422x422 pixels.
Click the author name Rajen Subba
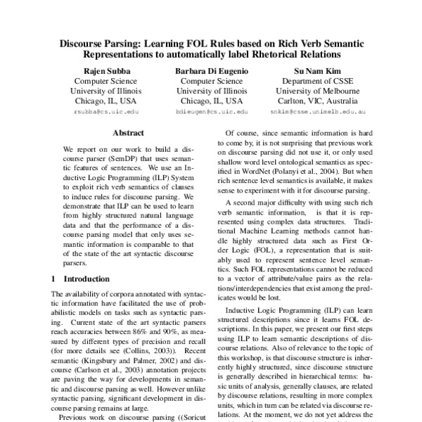click(105, 71)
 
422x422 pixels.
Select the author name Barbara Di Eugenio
click(212, 71)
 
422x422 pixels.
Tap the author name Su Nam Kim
click(317, 71)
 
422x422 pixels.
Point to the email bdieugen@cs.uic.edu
click(212, 111)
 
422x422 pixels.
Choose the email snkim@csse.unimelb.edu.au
click(317, 111)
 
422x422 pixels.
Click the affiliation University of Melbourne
click(317, 91)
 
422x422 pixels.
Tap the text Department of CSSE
click(317, 81)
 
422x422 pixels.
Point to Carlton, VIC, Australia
click(317, 101)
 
